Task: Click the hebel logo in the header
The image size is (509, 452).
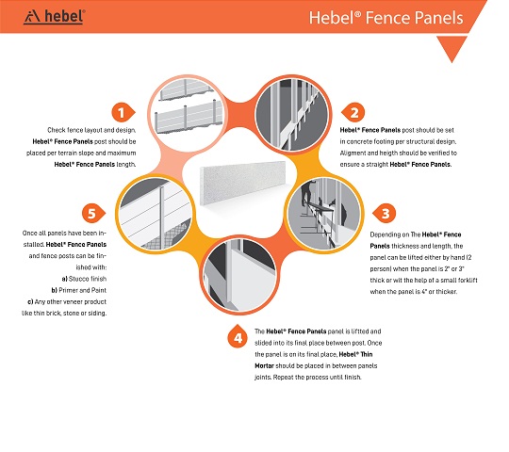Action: [55, 17]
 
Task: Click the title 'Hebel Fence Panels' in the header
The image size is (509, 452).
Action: [386, 18]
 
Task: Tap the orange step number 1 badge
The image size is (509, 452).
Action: [123, 113]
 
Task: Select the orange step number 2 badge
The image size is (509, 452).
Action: [353, 113]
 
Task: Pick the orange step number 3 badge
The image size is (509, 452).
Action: [385, 214]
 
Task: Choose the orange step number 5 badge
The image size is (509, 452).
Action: [93, 214]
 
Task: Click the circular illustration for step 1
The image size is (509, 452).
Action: [188, 114]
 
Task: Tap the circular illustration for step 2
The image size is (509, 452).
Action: [292, 114]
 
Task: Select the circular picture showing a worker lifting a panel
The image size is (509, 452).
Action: [324, 214]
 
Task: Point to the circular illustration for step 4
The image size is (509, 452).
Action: [239, 275]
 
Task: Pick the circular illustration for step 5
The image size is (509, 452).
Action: [156, 214]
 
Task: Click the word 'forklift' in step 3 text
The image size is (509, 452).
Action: [467, 281]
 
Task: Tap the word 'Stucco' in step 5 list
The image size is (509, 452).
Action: [78, 279]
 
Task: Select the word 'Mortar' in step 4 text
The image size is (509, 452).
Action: [264, 365]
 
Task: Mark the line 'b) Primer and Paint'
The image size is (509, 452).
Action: [79, 290]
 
